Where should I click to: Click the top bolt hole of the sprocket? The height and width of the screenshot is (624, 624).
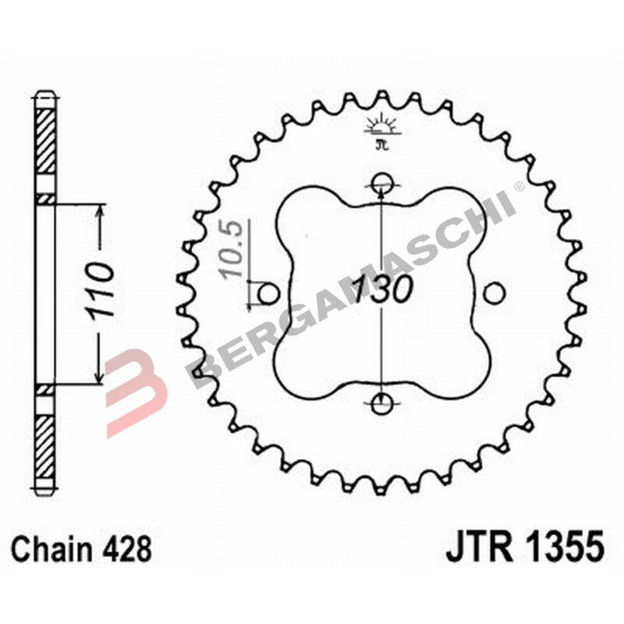tap(381, 184)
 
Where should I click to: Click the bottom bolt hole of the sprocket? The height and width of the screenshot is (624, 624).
tap(381, 404)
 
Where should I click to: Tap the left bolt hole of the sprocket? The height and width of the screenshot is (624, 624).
tap(268, 294)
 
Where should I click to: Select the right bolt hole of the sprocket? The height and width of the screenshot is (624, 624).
tap(494, 294)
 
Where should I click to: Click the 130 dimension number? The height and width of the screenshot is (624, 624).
tap(381, 290)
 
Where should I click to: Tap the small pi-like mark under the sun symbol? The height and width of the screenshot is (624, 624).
tap(381, 144)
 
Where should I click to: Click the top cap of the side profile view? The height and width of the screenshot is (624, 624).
tap(46, 100)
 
